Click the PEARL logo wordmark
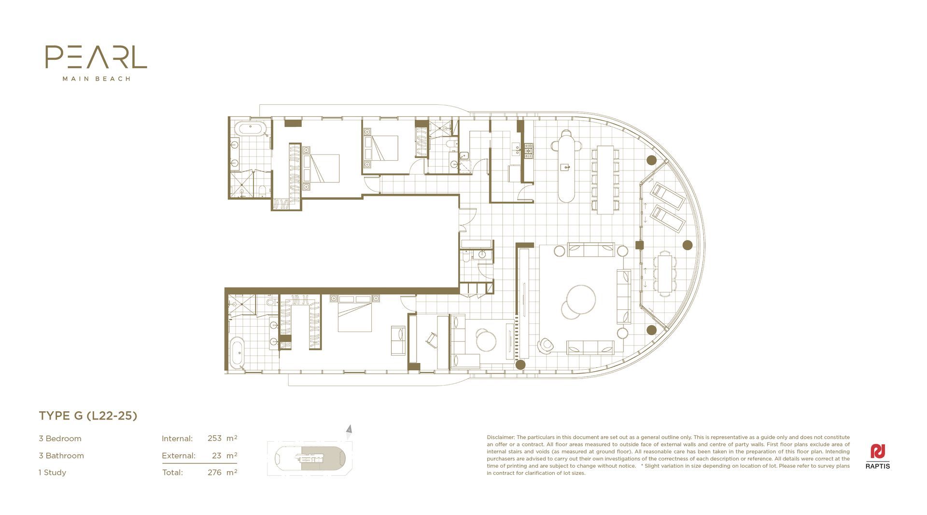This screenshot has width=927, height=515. coord(96,57)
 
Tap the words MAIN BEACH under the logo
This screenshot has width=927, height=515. coord(97,79)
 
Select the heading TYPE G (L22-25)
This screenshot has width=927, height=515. coord(88,416)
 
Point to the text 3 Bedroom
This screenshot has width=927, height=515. coord(60,439)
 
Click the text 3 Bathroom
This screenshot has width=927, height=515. coord(61,456)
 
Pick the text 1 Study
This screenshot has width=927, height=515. coord(52,473)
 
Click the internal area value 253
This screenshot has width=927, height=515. coord(214,439)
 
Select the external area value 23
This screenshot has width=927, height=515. coord(216,456)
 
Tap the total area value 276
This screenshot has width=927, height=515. coord(214,473)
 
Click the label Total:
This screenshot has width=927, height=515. coord(172,473)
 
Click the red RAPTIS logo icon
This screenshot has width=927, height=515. coord(878,451)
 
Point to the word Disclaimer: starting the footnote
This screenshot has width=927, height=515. coord(501,437)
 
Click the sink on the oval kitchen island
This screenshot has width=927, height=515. coord(565,167)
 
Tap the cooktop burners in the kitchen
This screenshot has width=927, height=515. coord(529,151)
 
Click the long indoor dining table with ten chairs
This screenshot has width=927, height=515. coord(605,180)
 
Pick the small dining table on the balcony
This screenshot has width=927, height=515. coord(665,273)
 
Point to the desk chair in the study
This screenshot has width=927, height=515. coord(432,340)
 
